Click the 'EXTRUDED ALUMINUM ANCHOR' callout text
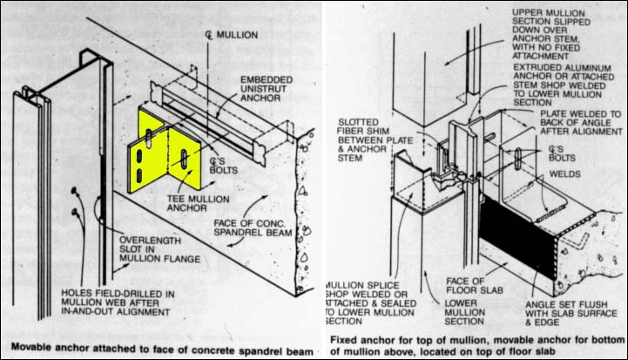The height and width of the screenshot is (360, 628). (555, 82)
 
